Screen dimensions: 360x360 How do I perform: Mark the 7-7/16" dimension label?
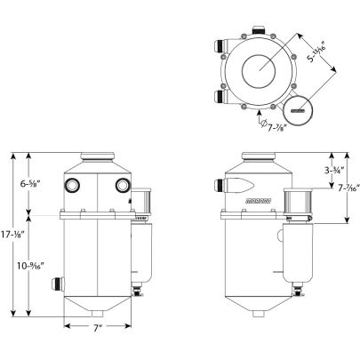pyautogui.click(x=348, y=188)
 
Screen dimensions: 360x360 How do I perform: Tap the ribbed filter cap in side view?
pyautogui.click(x=300, y=204)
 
